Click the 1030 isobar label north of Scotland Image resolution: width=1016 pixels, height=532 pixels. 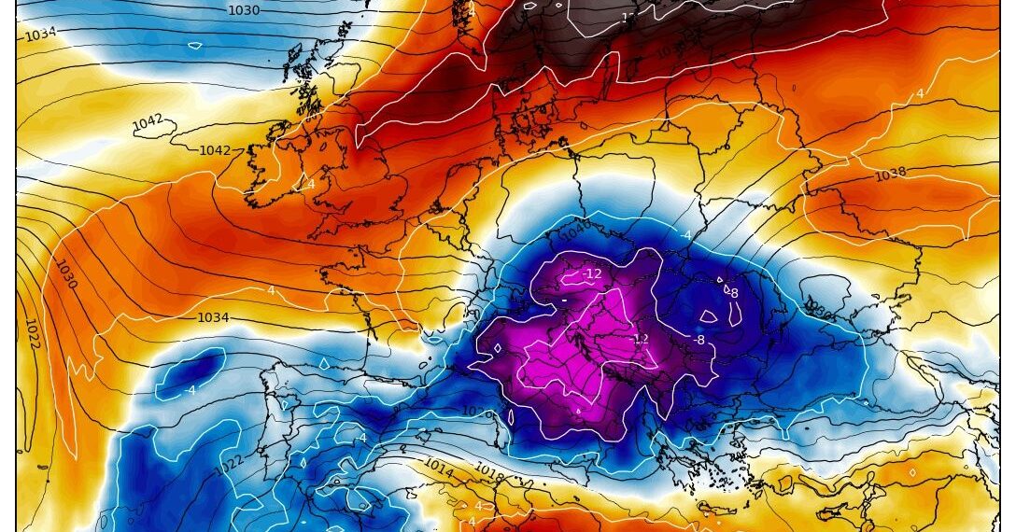245,10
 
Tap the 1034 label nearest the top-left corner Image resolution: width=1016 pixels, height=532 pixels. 40,35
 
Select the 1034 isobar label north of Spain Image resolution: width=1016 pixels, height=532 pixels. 213,318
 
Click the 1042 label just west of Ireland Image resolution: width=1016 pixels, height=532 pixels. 215,150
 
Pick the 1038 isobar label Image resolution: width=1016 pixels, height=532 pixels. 891,175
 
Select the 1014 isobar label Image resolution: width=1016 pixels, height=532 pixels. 439,463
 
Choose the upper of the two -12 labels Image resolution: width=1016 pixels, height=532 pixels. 592,274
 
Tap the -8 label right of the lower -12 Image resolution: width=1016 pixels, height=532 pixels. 698,340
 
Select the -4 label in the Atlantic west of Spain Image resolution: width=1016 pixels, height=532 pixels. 192,390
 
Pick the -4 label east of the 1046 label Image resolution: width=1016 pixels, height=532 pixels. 686,235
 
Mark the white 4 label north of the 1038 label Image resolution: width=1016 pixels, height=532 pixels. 919,94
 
